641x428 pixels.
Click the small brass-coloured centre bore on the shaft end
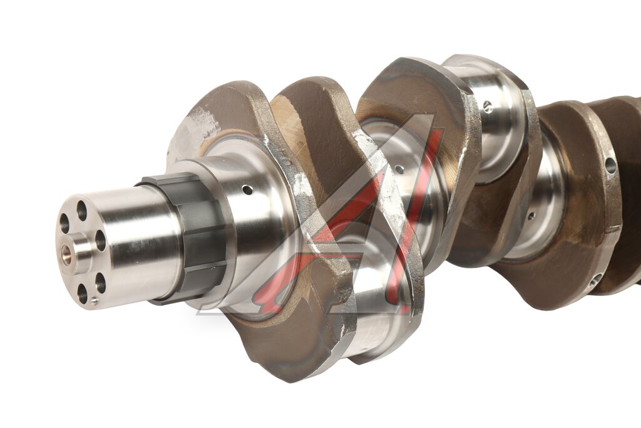click(x=65, y=254)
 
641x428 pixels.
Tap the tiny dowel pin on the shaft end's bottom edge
click(x=95, y=301)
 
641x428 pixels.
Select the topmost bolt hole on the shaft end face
click(x=82, y=211)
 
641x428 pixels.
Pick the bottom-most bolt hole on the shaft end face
click(x=83, y=294)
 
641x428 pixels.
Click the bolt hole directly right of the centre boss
click(x=101, y=241)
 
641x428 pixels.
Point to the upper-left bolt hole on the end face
click(x=64, y=224)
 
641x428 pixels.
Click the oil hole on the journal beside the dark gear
click(x=247, y=191)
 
